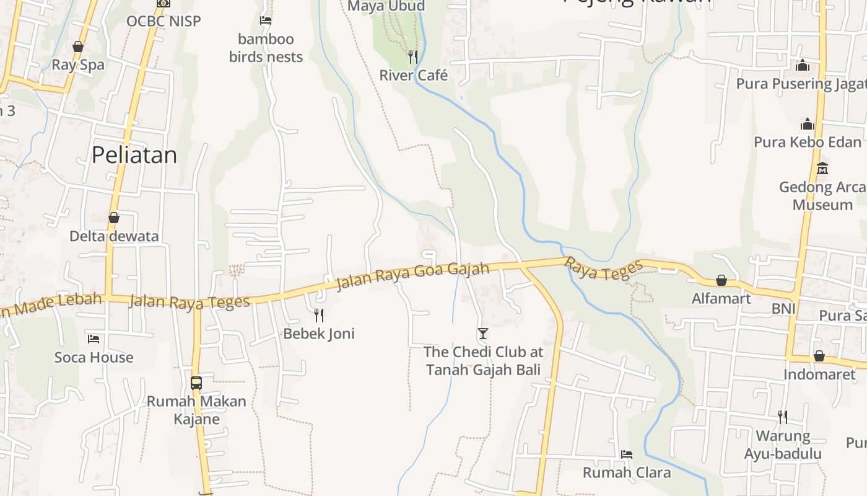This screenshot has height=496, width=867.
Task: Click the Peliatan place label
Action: [x=134, y=155]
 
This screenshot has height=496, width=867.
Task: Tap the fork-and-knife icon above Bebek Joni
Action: [x=319, y=315]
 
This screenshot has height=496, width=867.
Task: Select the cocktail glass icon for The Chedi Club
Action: [x=483, y=334]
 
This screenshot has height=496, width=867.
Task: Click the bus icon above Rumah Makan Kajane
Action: [x=196, y=383]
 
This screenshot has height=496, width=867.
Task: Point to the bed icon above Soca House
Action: [x=94, y=339]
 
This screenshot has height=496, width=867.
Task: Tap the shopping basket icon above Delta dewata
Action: [x=114, y=218]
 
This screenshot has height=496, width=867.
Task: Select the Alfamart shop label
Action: [x=721, y=298]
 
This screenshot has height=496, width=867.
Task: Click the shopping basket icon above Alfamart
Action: [x=721, y=280]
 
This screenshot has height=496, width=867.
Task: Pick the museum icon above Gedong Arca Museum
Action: [x=822, y=168]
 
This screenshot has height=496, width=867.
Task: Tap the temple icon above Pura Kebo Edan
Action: [x=807, y=124]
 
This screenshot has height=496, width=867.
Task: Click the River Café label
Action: [x=413, y=75]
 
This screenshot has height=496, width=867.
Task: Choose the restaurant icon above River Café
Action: [x=413, y=57]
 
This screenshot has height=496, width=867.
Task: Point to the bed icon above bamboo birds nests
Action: [x=266, y=20]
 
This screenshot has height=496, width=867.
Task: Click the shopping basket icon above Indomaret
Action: [x=819, y=356]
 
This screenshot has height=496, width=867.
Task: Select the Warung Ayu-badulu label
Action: [x=783, y=445]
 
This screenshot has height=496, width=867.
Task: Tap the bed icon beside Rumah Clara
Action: [x=627, y=454]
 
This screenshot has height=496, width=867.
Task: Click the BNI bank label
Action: [x=783, y=308]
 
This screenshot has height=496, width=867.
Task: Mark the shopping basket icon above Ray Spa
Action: [x=78, y=46]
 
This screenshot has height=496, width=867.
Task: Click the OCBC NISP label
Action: [x=163, y=21]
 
